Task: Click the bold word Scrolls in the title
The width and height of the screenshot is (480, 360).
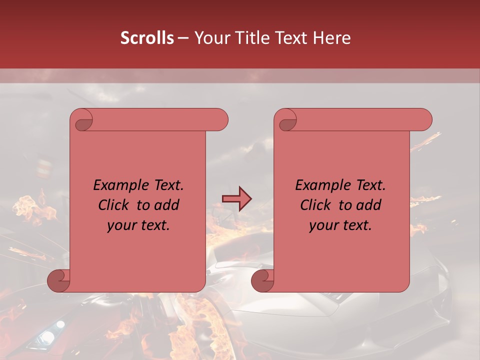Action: (147, 38)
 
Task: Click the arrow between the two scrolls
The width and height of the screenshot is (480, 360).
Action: (236, 199)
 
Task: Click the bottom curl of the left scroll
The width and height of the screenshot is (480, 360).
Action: (59, 281)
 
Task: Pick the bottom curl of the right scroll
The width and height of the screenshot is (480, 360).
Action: (262, 281)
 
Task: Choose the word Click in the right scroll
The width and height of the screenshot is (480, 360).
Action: (316, 205)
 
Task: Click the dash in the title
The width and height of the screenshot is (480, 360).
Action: (183, 38)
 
